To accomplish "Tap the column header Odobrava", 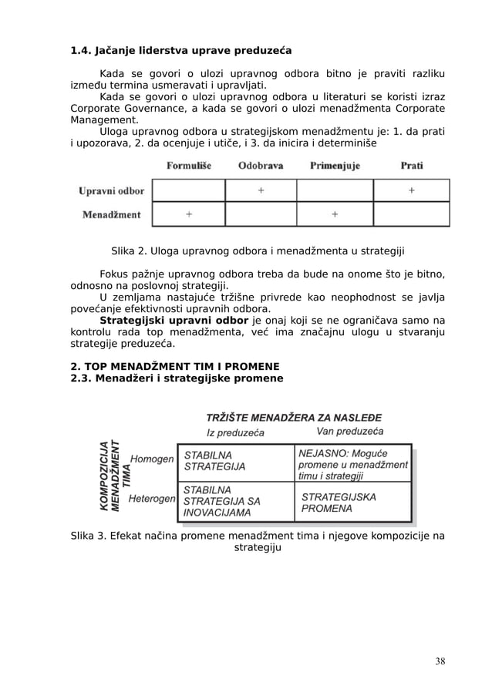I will (x=260, y=165).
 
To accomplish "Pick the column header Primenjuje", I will (x=335, y=165).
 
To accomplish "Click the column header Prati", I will (x=411, y=165).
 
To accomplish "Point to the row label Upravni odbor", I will (x=111, y=190).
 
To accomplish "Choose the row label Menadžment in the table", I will (x=112, y=214).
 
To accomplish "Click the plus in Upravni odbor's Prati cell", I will (x=411, y=190).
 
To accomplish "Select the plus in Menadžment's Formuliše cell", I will (x=189, y=214).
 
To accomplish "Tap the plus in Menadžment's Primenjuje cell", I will (x=335, y=214).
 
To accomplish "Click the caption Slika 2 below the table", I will (x=258, y=250).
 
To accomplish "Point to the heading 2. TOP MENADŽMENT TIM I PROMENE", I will (x=175, y=365).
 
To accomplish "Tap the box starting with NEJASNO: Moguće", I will (x=353, y=464).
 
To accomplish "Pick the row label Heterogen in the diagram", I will (x=152, y=499).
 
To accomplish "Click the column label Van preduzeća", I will (x=350, y=432).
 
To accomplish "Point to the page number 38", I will (x=440, y=661).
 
